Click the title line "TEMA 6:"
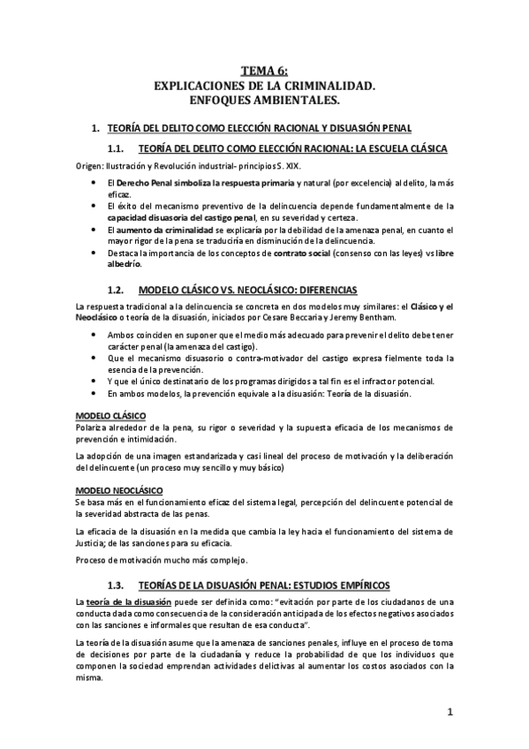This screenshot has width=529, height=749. point(264,72)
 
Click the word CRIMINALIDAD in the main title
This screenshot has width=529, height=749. point(324,87)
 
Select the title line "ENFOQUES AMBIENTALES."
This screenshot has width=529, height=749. point(264,102)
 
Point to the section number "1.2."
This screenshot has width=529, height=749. point(118,289)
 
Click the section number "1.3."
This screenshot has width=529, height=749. point(118,585)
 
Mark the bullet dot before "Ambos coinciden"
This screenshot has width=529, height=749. point(94,337)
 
